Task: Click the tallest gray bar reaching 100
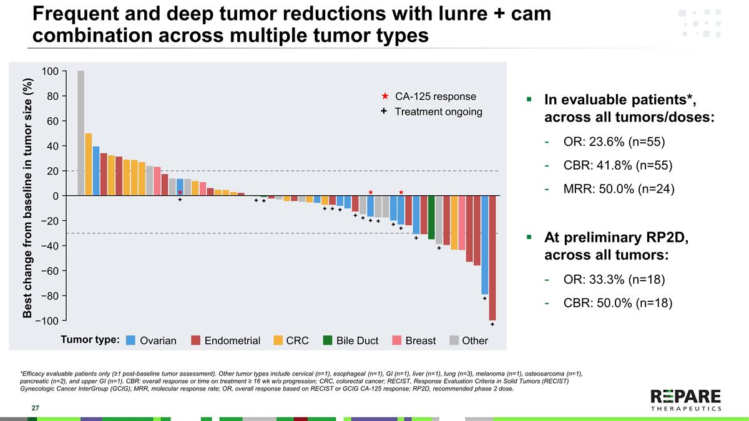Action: (x=81, y=133)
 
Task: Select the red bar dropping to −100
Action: (x=492, y=258)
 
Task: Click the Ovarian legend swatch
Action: (x=131, y=341)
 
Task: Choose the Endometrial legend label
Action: (x=232, y=341)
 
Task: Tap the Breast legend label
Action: (x=421, y=341)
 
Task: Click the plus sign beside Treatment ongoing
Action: (x=384, y=112)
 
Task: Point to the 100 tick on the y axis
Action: (x=51, y=71)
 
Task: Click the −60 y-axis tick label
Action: (x=48, y=271)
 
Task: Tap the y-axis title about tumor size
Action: (x=28, y=198)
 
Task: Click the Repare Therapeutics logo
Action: (x=685, y=399)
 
